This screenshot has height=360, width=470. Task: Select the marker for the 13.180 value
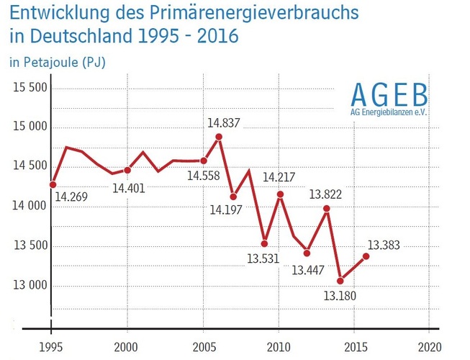[x=340, y=280]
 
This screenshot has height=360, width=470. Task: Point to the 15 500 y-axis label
[x=30, y=88]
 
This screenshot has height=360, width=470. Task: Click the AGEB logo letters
[x=389, y=95]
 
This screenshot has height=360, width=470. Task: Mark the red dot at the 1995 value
[x=53, y=184]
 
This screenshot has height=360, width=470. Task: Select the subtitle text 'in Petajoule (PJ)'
[x=58, y=63]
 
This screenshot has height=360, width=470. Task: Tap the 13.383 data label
[x=385, y=244]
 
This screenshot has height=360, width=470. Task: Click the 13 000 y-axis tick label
[x=30, y=285]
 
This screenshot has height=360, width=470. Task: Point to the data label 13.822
[x=325, y=194]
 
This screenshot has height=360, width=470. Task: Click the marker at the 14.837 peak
[x=219, y=136]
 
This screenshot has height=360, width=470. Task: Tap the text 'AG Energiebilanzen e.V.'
[x=389, y=113]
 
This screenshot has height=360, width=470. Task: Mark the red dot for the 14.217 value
[x=280, y=194]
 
